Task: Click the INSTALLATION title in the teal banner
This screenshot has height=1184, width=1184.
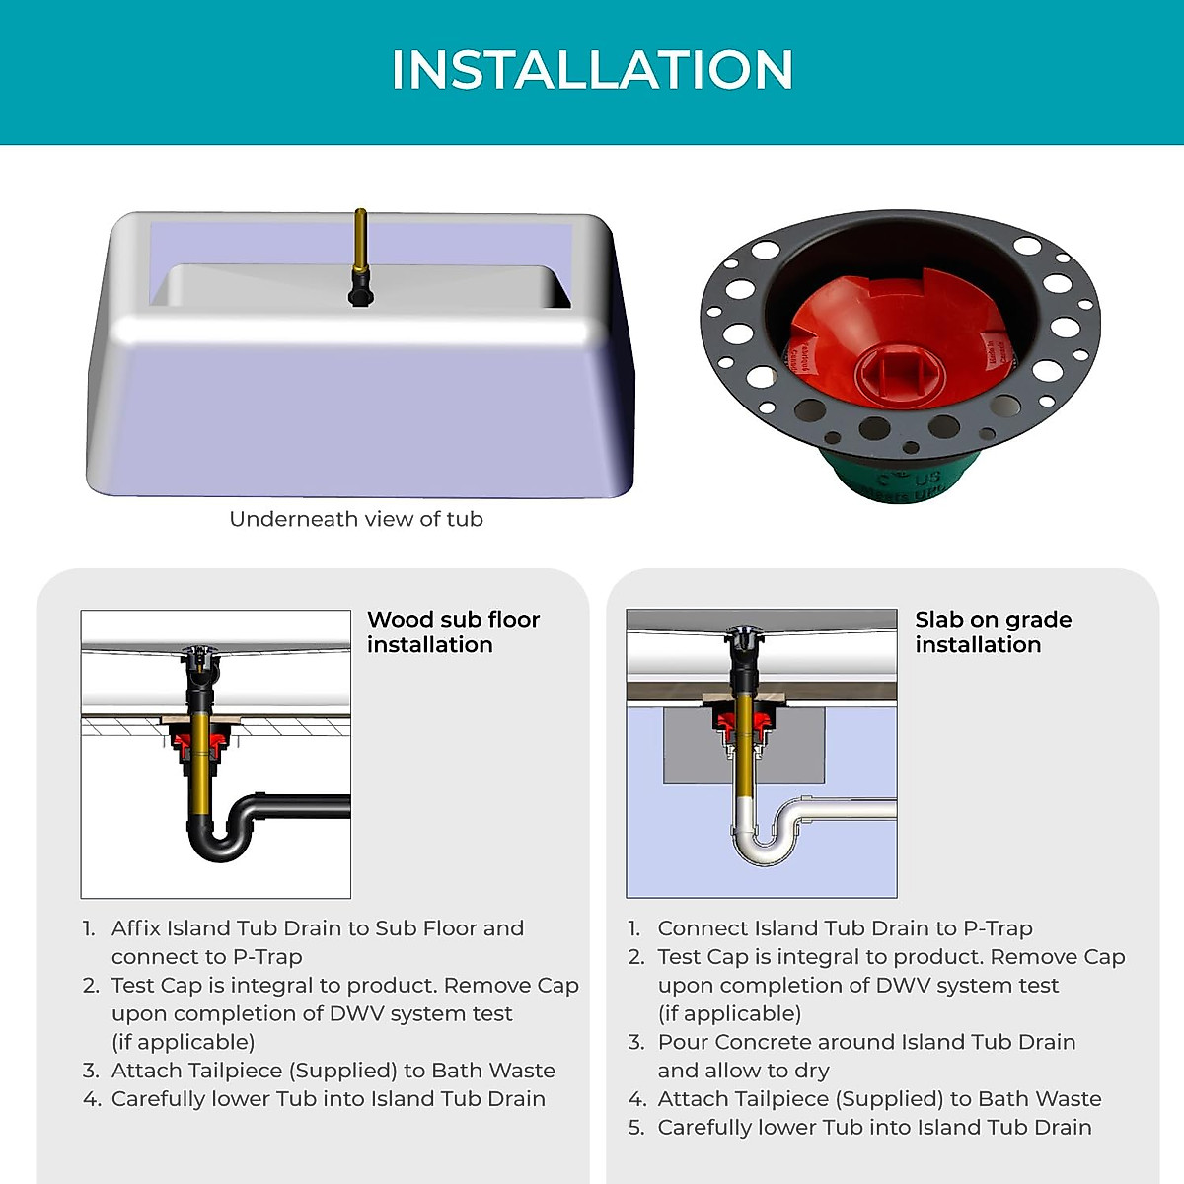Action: pos(592,70)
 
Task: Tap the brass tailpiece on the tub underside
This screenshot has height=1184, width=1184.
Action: pos(360,242)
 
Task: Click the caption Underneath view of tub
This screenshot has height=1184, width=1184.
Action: pos(356,519)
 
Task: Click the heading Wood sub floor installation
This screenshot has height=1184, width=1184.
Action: pos(453,631)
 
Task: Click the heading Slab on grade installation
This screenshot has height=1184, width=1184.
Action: pos(992,631)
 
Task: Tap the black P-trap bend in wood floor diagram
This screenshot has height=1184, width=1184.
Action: pos(219,844)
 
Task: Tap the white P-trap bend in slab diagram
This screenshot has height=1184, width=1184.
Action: pos(765,849)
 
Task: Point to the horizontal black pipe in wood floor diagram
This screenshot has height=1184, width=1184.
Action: pos(306,806)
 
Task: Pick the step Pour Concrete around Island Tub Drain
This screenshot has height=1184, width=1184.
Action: pos(866,1043)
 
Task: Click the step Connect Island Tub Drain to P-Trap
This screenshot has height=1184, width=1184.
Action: pos(845,928)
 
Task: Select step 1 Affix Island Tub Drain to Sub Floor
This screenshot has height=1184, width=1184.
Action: pos(317,928)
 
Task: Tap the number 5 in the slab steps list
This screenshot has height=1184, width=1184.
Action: pos(635,1128)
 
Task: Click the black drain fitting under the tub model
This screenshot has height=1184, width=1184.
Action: pos(360,291)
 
